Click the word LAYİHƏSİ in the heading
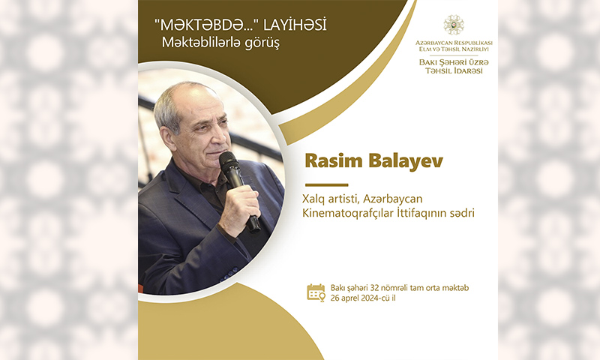pos(295,25)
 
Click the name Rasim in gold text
pos(334,160)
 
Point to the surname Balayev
pos(406,160)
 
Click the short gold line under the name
pos(326,184)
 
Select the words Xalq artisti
pos(331,199)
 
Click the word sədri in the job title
pos(462,213)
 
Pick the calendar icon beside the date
pos(316,292)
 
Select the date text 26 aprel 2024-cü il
pos(363,298)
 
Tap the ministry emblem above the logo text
pos(454,25)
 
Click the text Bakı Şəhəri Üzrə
pos(454,62)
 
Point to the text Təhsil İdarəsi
pos(454,70)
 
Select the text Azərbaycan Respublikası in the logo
pos(454,43)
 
